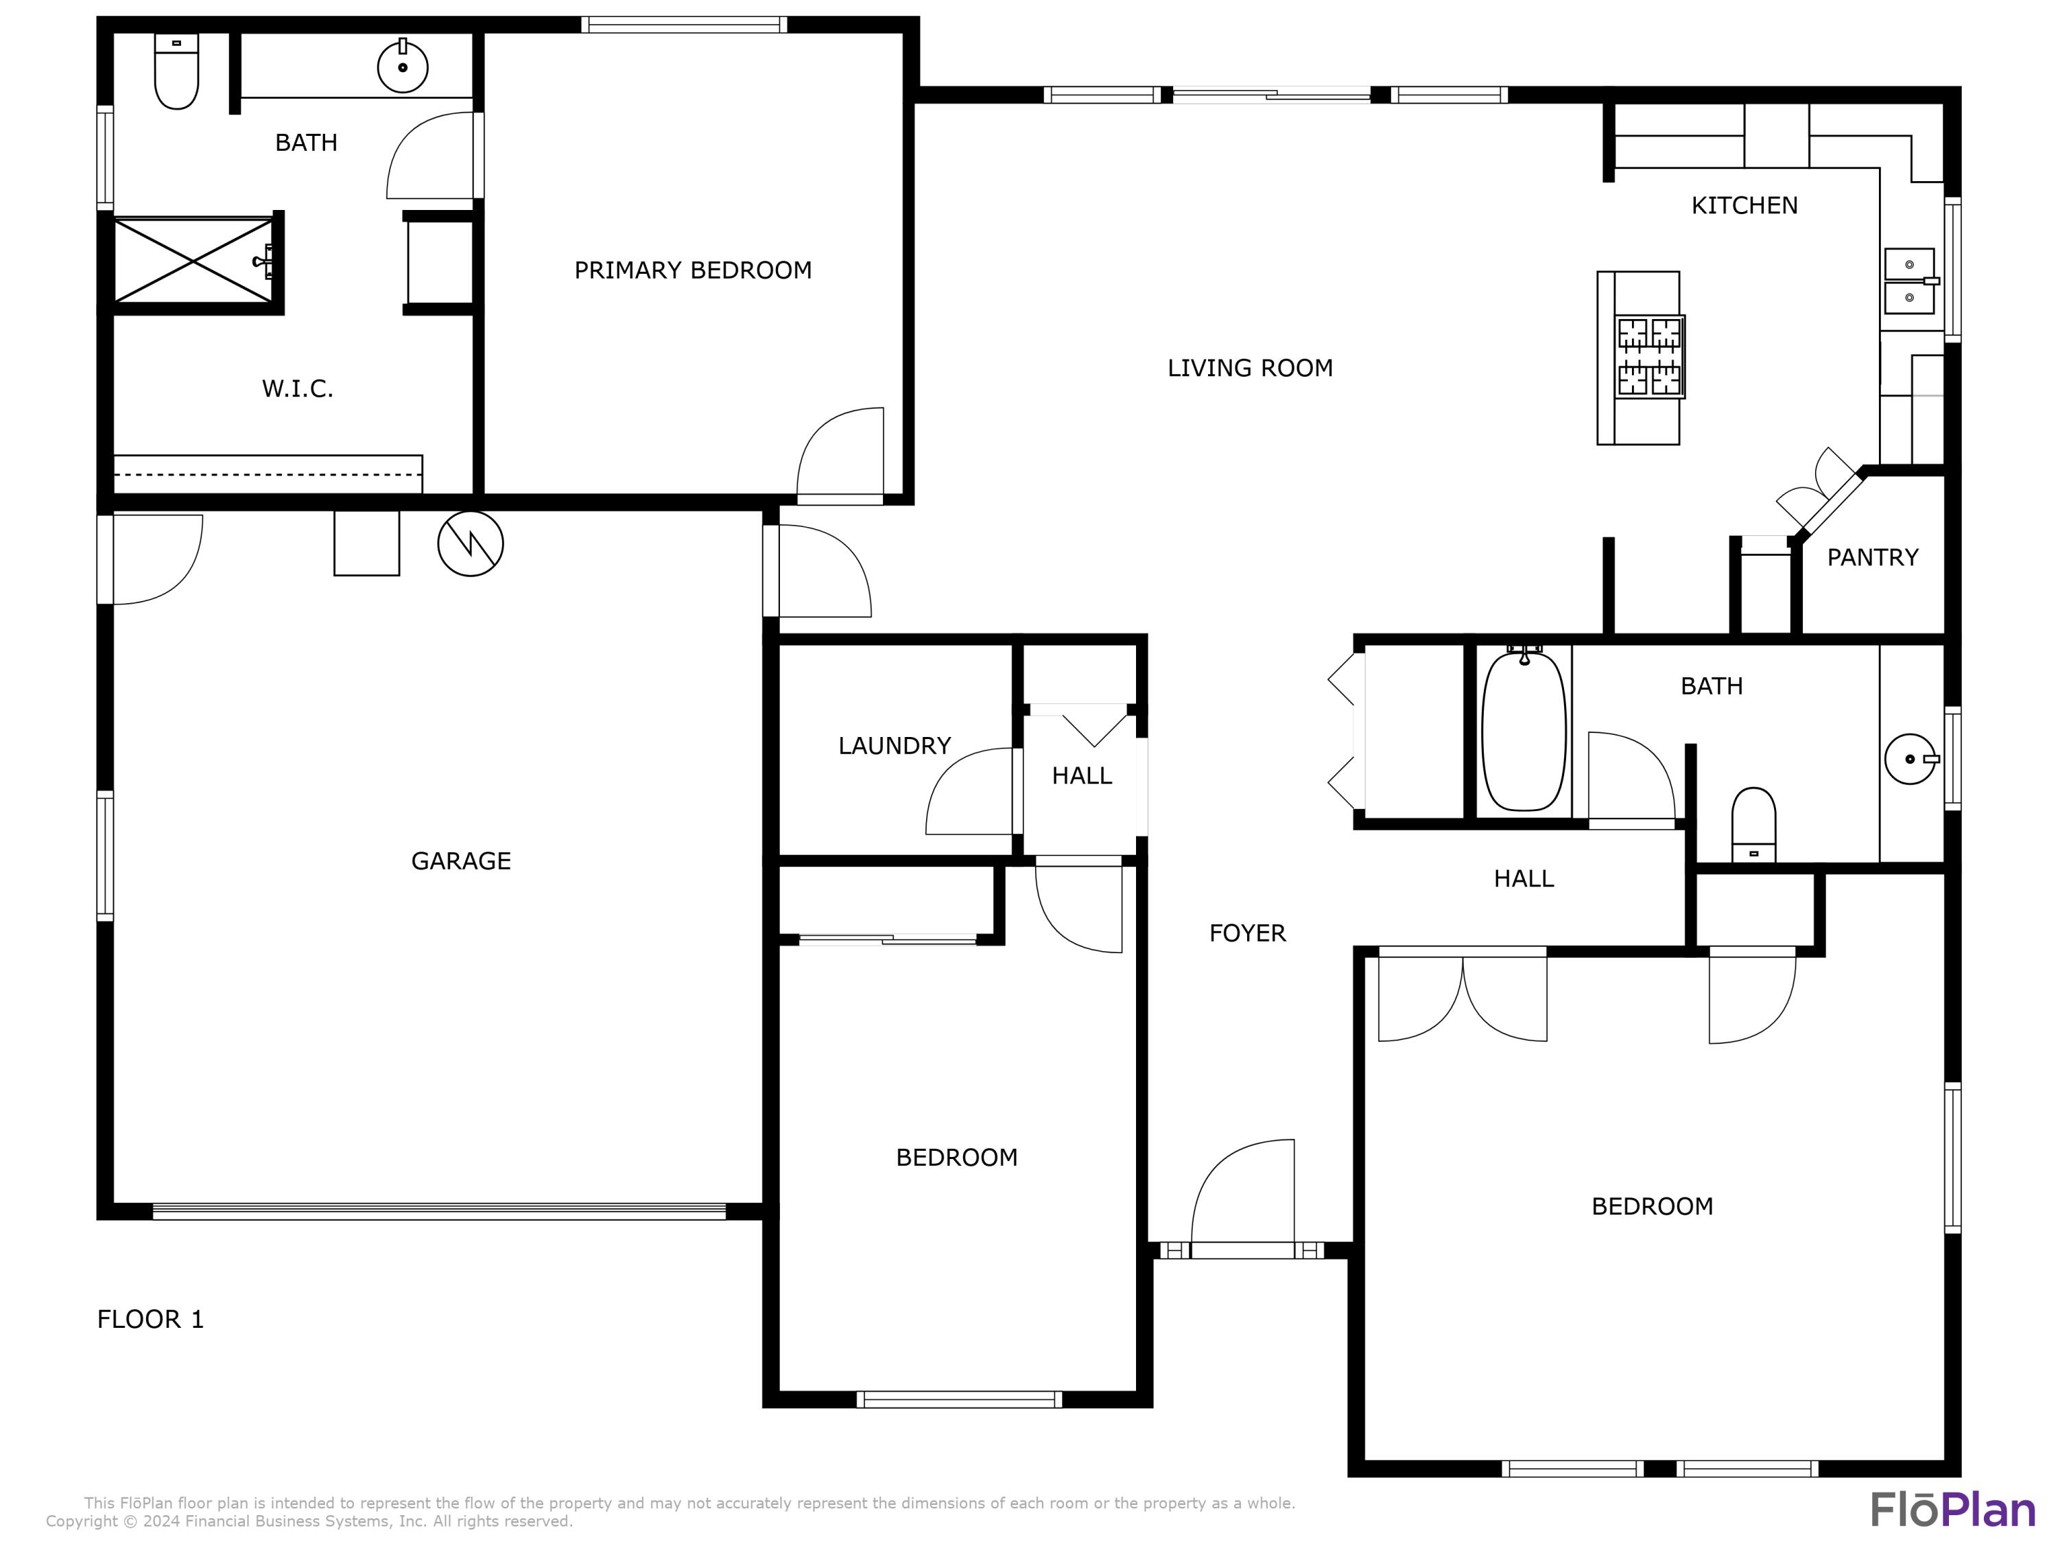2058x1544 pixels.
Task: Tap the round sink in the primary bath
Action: (x=402, y=67)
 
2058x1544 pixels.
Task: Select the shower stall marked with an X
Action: (x=193, y=261)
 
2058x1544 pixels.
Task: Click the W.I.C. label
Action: (x=297, y=388)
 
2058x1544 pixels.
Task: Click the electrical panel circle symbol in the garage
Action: (x=470, y=543)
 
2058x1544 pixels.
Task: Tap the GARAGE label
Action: (x=460, y=861)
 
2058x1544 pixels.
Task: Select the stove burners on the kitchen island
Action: (x=1651, y=356)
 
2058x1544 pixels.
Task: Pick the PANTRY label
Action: (x=1872, y=557)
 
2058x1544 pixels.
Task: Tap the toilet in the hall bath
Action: (x=1753, y=823)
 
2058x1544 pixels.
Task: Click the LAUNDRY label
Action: (x=894, y=745)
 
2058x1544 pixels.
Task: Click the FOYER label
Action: (x=1246, y=933)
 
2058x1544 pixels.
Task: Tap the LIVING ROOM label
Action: (x=1249, y=368)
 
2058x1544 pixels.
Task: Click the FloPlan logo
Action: (x=1952, y=1510)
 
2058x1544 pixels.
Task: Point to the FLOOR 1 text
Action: (x=150, y=1319)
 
